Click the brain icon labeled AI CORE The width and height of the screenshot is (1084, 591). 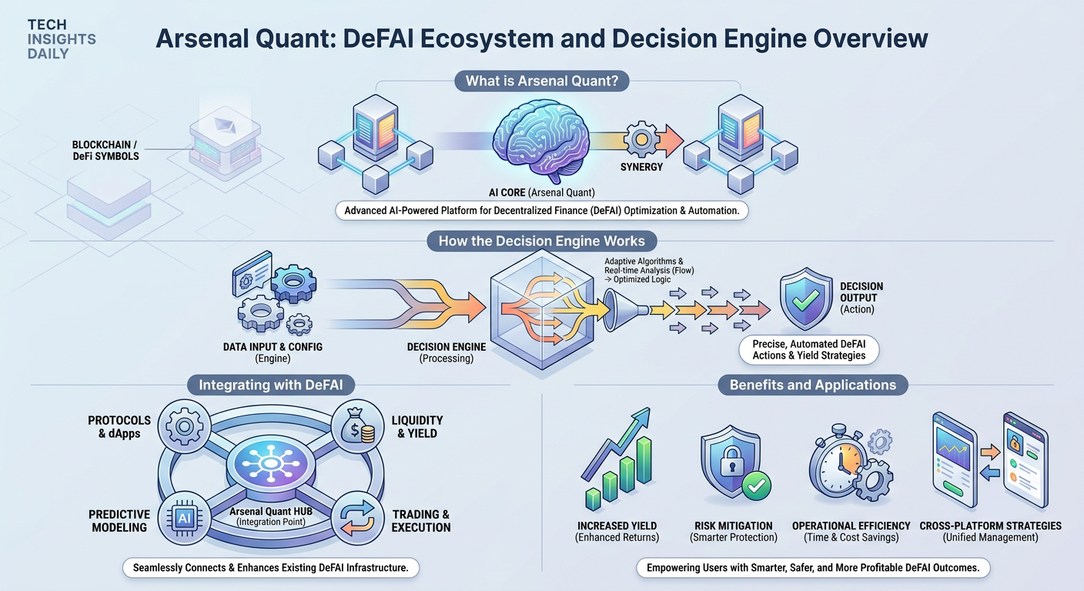[x=541, y=141]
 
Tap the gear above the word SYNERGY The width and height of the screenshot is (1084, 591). [x=641, y=139]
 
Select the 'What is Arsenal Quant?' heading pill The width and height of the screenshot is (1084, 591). [x=542, y=81]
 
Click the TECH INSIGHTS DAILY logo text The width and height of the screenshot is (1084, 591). [x=62, y=39]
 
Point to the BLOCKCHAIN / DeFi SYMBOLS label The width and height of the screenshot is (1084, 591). [x=105, y=150]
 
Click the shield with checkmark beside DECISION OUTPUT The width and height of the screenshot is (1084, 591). [x=805, y=298]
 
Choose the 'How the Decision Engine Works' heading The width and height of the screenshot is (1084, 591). [x=541, y=241]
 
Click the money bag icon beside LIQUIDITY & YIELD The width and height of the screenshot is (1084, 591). [x=358, y=426]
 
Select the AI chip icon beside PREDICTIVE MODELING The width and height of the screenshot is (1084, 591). [x=184, y=519]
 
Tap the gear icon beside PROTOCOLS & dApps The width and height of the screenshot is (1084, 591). [x=184, y=426]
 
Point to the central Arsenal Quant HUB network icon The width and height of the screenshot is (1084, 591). [x=271, y=464]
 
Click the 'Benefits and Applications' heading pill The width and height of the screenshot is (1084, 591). [x=813, y=385]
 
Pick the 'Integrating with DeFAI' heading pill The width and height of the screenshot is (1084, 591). [x=271, y=385]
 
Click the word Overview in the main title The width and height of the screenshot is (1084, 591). [x=871, y=38]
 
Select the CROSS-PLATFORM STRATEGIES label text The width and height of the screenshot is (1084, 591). [x=991, y=526]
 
